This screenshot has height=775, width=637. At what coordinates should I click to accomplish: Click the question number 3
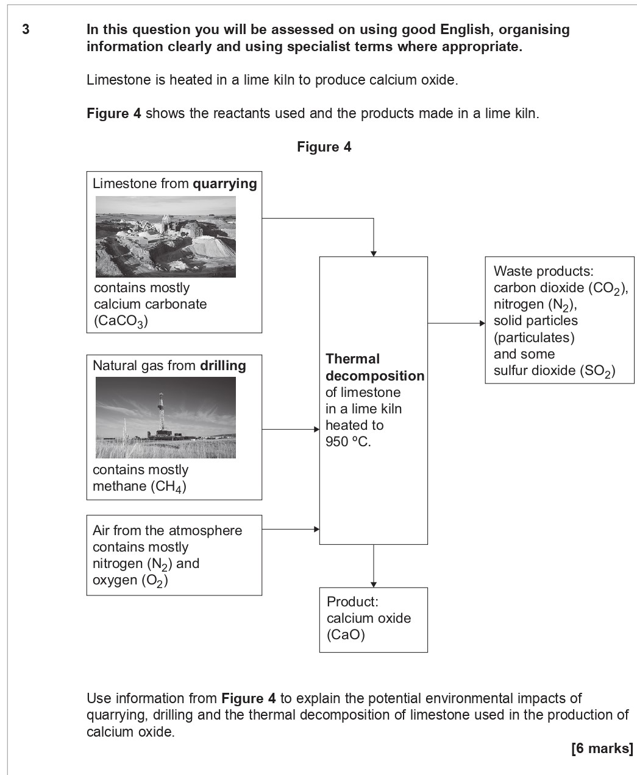tap(25, 29)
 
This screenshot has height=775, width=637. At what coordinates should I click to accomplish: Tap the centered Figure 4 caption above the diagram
tap(324, 147)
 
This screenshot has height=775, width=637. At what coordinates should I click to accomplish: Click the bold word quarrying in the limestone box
tap(224, 183)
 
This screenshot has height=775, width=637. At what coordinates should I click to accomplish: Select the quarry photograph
tap(165, 237)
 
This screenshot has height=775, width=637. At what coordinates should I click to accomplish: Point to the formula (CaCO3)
tap(121, 321)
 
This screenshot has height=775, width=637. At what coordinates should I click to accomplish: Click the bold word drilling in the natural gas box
tap(222, 365)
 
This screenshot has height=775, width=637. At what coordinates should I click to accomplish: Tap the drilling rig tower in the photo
tap(161, 411)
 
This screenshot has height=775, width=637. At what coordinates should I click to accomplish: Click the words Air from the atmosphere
tap(167, 530)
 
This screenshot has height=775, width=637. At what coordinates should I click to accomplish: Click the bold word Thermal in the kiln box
tap(352, 359)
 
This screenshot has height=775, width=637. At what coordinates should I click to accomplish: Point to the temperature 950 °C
tap(348, 441)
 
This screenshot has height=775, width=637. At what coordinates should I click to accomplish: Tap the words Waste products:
tap(543, 271)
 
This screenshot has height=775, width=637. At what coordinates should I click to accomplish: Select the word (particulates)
tap(534, 337)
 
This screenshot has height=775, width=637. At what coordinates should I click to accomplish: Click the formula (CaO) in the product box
tap(346, 635)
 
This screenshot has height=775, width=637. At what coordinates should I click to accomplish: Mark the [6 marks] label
tap(602, 748)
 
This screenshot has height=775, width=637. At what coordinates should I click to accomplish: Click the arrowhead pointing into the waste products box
tap(482, 323)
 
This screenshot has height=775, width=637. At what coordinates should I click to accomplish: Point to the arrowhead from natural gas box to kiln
tap(316, 429)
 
